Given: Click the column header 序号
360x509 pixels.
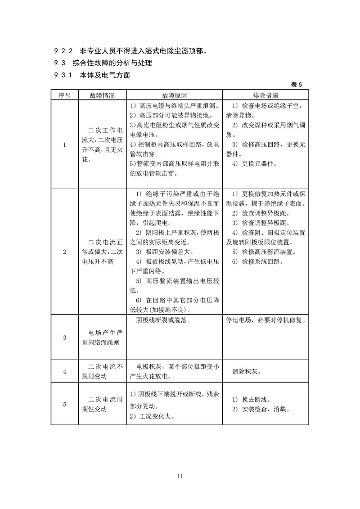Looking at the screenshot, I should pyautogui.click(x=64, y=96).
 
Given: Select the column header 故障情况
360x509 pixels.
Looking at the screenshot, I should pyautogui.click(x=102, y=96).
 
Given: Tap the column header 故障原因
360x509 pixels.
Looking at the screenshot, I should pyautogui.click(x=174, y=96).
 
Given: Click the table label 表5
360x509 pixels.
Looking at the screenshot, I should pyautogui.click(x=299, y=85).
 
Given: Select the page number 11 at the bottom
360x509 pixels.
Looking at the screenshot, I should pyautogui.click(x=180, y=476).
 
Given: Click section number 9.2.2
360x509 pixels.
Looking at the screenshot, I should pyautogui.click(x=63, y=51).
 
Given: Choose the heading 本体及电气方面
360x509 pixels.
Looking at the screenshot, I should pyautogui.click(x=105, y=75).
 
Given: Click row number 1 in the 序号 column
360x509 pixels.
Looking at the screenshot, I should pyautogui.click(x=64, y=144).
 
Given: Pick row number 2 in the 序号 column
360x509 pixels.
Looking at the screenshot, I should pyautogui.click(x=64, y=252).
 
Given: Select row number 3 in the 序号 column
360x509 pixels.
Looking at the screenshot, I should pyautogui.click(x=64, y=337).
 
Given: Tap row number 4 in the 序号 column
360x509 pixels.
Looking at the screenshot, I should pyautogui.click(x=64, y=371).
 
